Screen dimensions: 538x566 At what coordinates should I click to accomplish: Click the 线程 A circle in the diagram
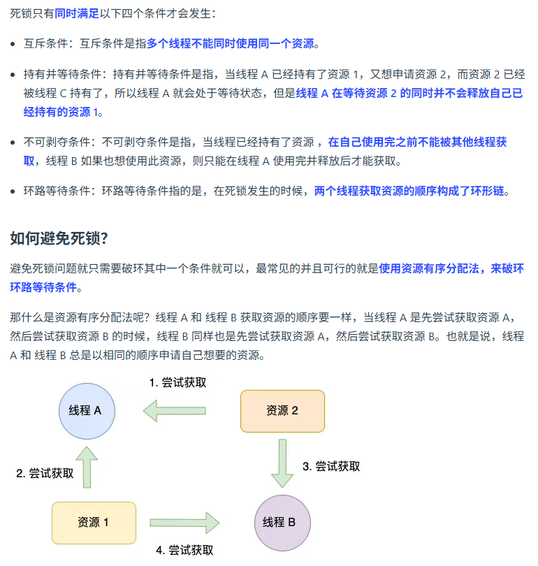(x=86, y=411)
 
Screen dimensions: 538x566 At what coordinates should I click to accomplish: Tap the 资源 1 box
(x=94, y=522)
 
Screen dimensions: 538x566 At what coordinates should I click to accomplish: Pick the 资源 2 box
(x=282, y=411)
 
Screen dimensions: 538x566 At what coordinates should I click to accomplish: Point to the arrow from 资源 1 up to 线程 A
(x=87, y=467)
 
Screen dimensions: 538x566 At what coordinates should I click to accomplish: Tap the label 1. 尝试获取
(x=178, y=382)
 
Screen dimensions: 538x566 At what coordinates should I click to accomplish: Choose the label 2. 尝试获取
(x=45, y=473)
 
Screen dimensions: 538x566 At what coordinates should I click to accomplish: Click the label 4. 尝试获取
(x=185, y=550)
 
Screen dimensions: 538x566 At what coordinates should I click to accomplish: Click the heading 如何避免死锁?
(x=59, y=238)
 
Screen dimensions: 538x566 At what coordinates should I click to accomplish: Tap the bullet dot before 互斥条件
(x=14, y=45)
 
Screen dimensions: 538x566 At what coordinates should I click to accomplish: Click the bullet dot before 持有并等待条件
(x=14, y=74)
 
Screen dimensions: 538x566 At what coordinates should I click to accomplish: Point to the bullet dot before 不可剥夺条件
(x=14, y=143)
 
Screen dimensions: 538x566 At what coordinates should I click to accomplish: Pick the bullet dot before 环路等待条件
(x=14, y=191)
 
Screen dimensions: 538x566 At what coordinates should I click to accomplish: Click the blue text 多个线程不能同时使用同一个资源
(x=230, y=44)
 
